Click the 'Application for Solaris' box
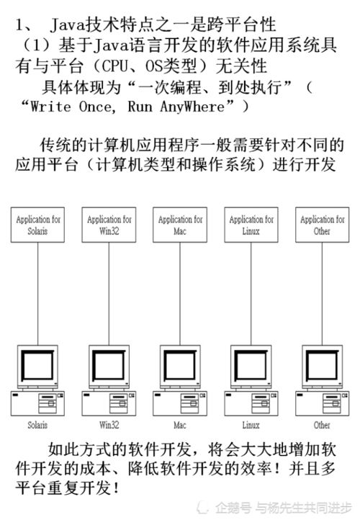point(37,225)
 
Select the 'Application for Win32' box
point(109,225)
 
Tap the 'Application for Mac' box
point(180,225)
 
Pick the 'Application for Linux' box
point(251,225)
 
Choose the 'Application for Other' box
point(323,225)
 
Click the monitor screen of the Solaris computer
point(37,365)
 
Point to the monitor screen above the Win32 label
point(109,365)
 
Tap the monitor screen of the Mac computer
point(180,365)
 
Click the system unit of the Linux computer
point(251,403)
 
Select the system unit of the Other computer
point(323,403)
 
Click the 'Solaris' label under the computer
point(37,425)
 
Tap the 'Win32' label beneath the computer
point(109,425)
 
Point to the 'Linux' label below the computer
point(251,425)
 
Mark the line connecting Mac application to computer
point(180,294)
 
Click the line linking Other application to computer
point(323,294)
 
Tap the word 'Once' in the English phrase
point(97,107)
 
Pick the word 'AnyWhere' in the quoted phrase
point(192,107)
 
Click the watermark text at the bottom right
point(283,508)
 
